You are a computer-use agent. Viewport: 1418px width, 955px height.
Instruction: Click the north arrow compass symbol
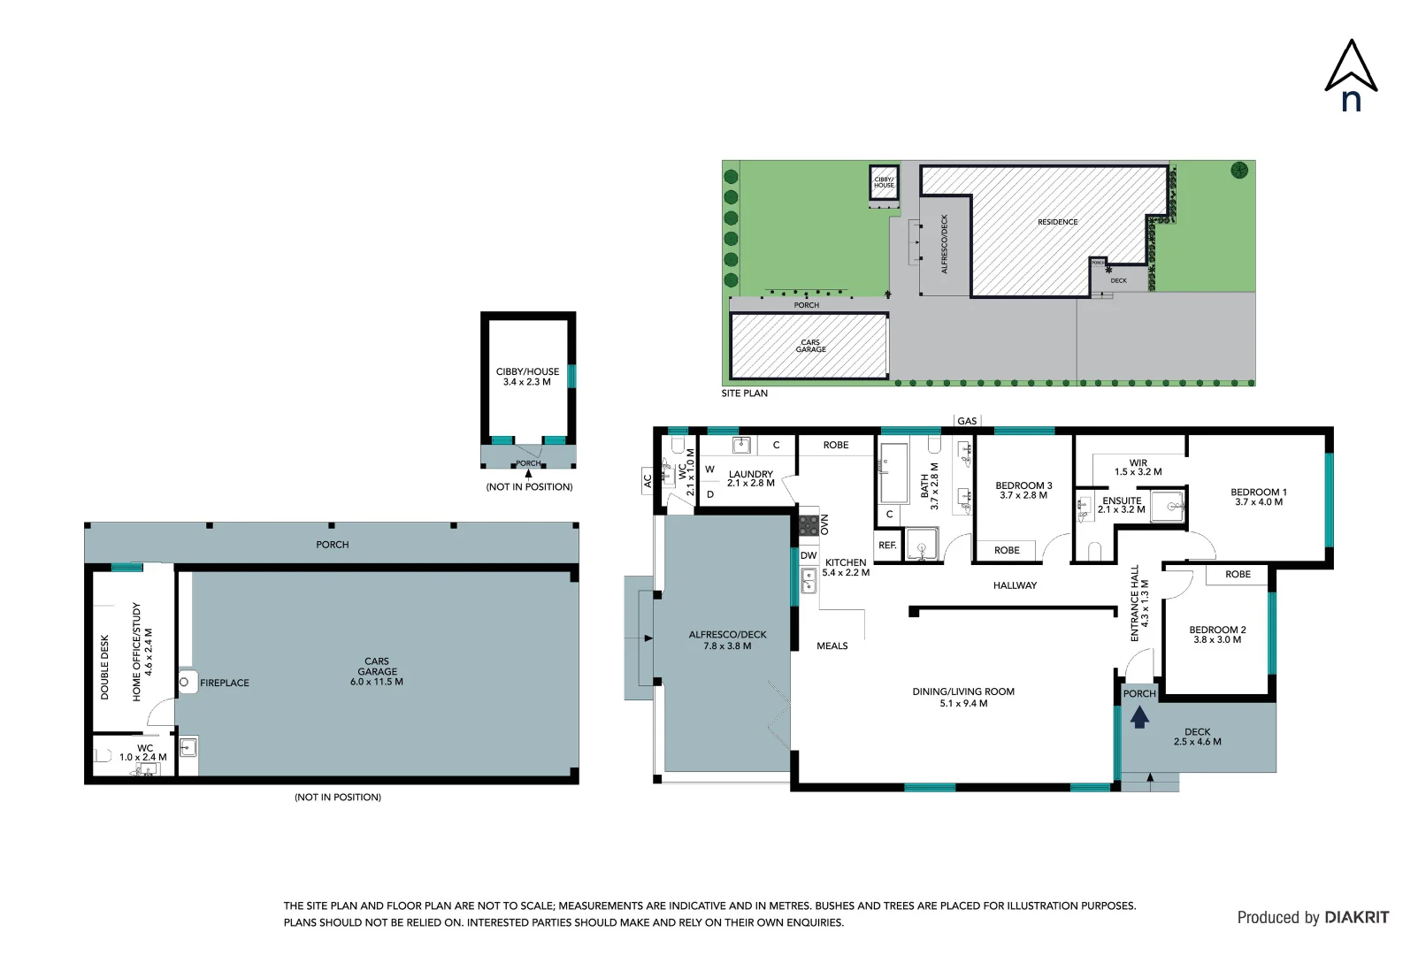click(1351, 76)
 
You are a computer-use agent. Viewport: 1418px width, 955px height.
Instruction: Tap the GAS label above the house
click(967, 421)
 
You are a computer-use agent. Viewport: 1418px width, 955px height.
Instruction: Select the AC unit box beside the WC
click(648, 480)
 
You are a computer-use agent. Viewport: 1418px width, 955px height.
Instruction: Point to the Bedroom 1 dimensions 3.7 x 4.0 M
click(1259, 502)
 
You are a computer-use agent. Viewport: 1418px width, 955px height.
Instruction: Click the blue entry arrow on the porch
click(1139, 717)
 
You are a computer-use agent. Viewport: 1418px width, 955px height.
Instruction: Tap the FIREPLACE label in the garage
click(225, 683)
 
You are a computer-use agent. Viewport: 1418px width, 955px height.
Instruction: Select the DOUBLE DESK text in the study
click(104, 667)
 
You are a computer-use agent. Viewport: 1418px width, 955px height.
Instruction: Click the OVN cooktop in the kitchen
click(809, 525)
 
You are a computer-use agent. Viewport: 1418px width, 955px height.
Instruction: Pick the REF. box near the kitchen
click(887, 546)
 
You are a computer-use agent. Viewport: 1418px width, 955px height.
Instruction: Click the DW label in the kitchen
click(809, 555)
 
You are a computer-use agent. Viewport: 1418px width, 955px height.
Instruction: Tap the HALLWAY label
click(1015, 585)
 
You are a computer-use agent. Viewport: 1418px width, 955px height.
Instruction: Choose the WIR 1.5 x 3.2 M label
click(1138, 467)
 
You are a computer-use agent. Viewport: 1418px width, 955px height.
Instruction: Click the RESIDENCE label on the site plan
click(1057, 222)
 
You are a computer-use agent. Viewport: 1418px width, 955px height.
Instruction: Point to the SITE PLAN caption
click(744, 393)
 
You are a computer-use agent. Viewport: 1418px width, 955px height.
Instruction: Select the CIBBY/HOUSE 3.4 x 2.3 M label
click(527, 377)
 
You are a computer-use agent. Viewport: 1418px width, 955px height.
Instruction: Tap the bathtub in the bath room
click(893, 472)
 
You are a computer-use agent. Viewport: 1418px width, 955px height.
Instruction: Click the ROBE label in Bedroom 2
click(1238, 575)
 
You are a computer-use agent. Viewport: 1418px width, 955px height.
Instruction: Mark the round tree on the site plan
click(1239, 170)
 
